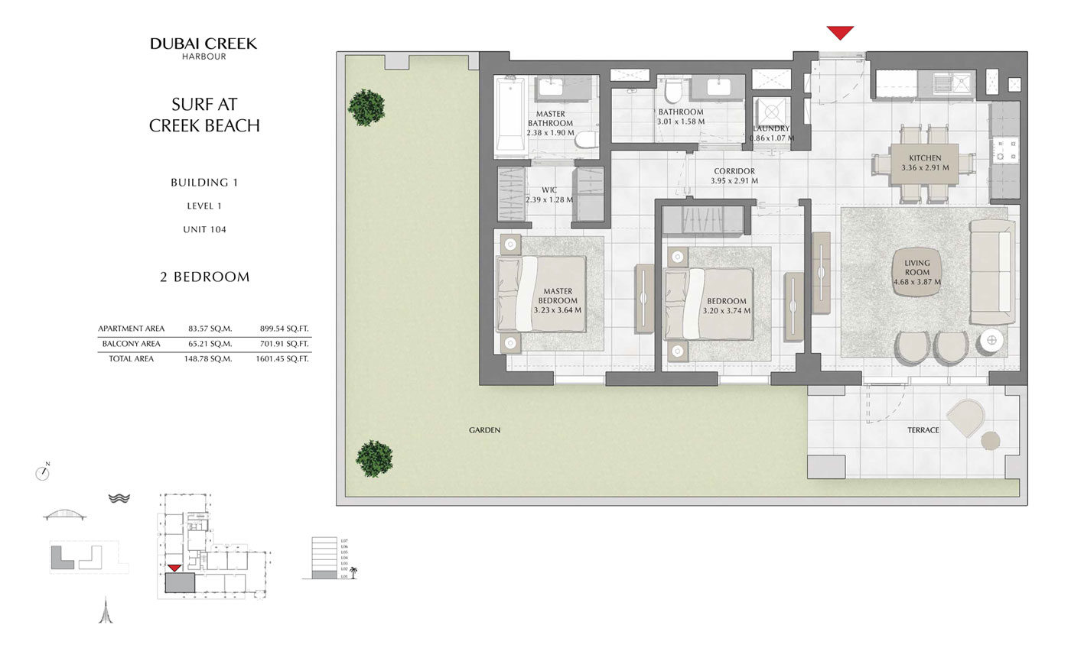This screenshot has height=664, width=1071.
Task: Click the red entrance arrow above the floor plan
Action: pos(839,33)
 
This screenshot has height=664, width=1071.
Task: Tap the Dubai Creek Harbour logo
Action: pos(203,48)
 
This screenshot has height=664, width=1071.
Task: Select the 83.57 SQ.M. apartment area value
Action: pos(210,329)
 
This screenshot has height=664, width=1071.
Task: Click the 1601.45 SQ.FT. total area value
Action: pos(282,358)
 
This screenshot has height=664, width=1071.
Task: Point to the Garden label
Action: pos(484,430)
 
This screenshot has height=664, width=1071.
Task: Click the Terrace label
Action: pos(923,430)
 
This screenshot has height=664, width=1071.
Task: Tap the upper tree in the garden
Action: pos(366,107)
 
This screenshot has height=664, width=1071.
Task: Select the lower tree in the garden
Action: pos(374,458)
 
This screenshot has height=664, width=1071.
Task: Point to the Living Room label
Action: pos(916,267)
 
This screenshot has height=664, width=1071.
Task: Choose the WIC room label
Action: pos(549,190)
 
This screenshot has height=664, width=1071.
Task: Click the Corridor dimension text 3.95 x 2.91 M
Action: pos(734,181)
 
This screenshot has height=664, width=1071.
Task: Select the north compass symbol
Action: pos(43,473)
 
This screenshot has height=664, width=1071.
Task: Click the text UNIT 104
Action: pos(204,229)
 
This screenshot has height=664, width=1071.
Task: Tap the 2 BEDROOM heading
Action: pos(204,277)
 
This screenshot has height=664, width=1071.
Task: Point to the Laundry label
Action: pos(770,128)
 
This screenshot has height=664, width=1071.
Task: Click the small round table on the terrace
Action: pos(990,441)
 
